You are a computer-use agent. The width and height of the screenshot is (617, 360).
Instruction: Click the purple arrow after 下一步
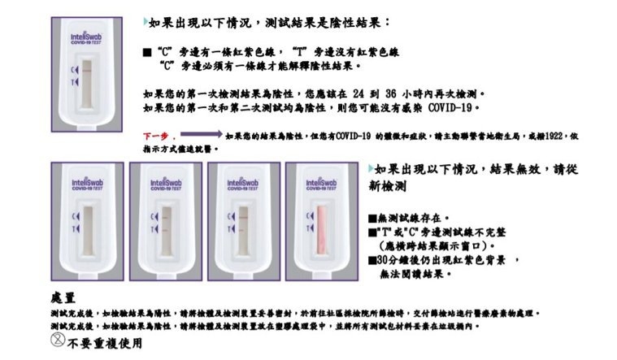pyautogui.click(x=199, y=134)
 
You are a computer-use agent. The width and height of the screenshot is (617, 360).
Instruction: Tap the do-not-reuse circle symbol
pyautogui.click(x=58, y=341)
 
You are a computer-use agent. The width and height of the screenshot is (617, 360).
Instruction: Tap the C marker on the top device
pyautogui.click(x=74, y=72)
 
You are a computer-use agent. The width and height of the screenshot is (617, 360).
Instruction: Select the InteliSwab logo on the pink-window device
pyautogui.click(x=318, y=184)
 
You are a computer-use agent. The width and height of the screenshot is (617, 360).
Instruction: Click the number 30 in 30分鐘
pyautogui.click(x=380, y=259)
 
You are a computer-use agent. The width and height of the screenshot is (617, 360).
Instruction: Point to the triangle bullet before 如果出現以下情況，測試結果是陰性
pyautogui.click(x=145, y=19)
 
